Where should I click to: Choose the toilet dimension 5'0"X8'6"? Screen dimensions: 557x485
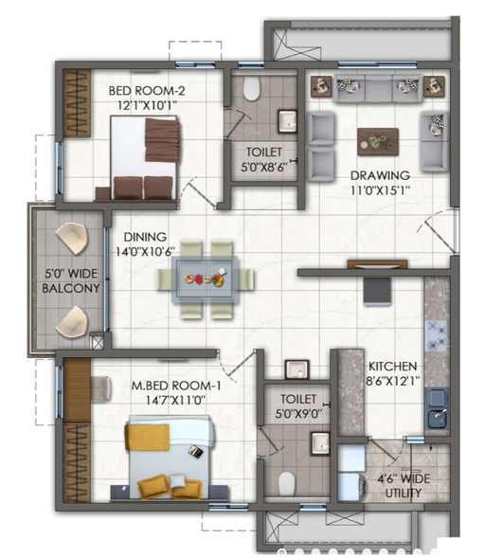click(x=264, y=172)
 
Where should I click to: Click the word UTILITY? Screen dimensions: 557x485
click(x=404, y=493)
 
